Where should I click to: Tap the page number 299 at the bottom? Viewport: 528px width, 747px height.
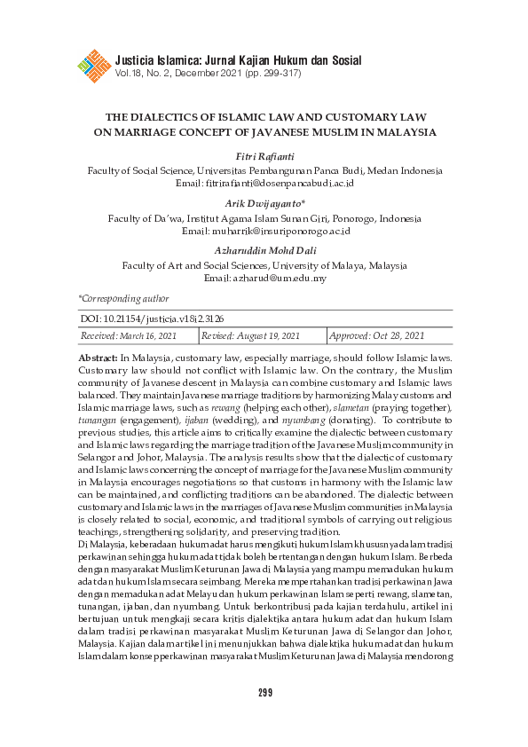click(264, 693)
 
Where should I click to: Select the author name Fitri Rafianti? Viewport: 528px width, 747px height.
click(264, 157)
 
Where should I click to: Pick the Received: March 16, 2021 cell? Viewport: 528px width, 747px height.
click(130, 336)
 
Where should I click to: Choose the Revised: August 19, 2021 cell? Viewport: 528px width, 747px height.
click(251, 336)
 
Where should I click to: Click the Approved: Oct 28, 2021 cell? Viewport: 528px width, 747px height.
click(377, 336)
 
